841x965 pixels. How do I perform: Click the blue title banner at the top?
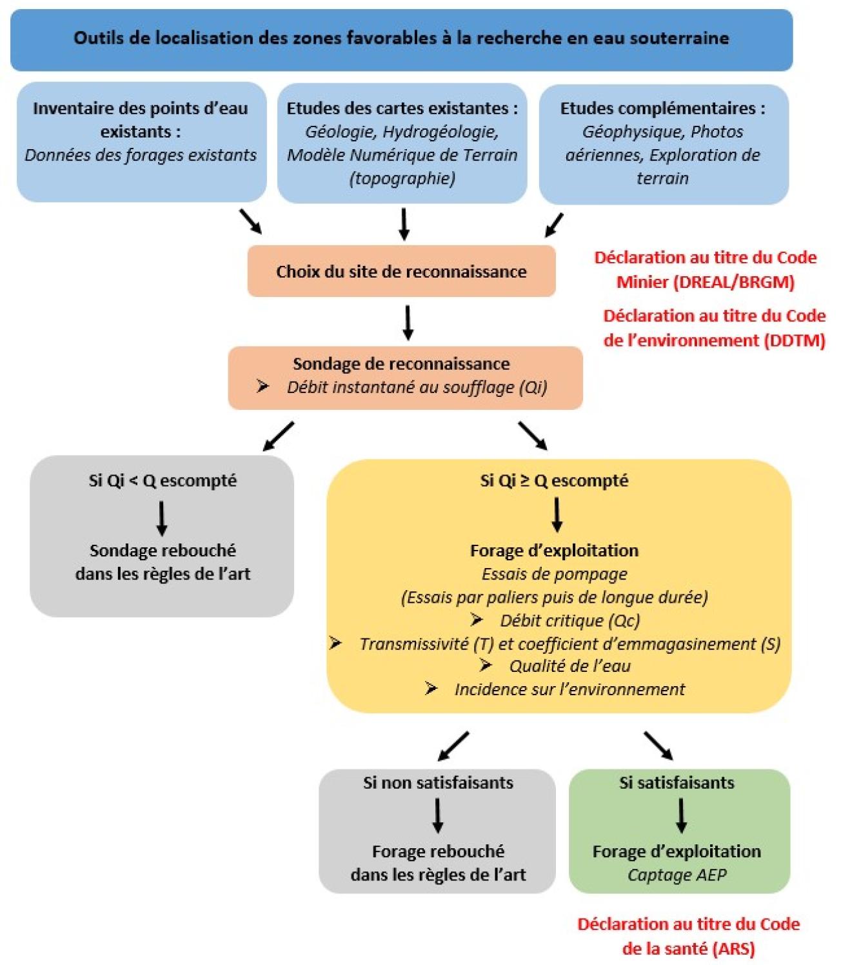tap(401, 38)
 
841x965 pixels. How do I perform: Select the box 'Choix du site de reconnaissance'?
tap(401, 271)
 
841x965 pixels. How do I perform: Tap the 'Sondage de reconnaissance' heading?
tap(401, 363)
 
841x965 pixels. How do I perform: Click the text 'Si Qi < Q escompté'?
tap(163, 481)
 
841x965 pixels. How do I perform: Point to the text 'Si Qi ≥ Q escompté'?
tap(554, 481)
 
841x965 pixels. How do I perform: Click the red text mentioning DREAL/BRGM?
tap(706, 270)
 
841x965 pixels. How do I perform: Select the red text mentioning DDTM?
tap(714, 328)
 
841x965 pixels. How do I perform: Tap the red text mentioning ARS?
tap(688, 936)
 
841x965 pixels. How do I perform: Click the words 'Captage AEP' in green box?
tap(677, 875)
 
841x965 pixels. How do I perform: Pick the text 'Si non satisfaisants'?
tap(438, 783)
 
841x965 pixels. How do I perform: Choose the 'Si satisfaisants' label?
tap(677, 783)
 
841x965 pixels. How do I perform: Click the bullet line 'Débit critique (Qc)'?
tap(569, 620)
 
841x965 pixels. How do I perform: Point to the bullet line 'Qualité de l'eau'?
tap(569, 666)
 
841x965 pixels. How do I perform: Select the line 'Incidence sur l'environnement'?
tap(569, 689)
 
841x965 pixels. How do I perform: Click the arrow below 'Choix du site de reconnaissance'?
tap(408, 322)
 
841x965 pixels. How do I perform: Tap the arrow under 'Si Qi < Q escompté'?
tap(162, 518)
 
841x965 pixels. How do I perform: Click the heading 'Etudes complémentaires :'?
tap(662, 108)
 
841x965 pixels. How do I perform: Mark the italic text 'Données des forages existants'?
tap(141, 155)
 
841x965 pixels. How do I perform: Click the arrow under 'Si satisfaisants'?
tap(681, 815)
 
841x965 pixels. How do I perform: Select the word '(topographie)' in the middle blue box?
tap(402, 178)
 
